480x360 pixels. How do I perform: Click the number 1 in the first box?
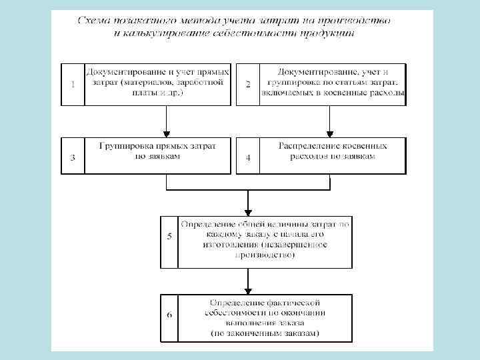coord(72,84)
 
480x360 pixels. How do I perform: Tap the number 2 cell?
coord(248,84)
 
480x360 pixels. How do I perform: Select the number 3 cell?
coord(72,157)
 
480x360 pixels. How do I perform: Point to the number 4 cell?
coord(248,158)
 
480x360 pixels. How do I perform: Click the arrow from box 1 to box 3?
coord(167,121)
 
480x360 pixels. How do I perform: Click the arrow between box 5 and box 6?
coord(247,280)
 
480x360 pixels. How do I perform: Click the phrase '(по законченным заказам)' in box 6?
coord(265,332)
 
